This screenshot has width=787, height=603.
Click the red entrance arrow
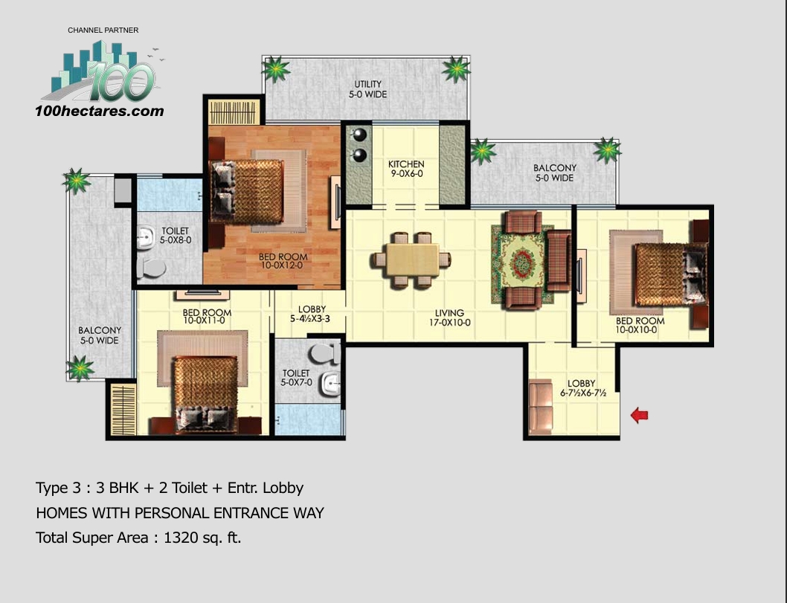click(x=639, y=415)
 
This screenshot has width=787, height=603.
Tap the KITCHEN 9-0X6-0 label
click(x=406, y=169)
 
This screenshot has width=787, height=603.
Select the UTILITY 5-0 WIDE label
click(x=370, y=90)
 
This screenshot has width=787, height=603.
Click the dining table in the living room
click(x=411, y=259)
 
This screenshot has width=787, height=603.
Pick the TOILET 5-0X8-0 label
click(x=176, y=236)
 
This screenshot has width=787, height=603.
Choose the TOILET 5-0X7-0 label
click(x=296, y=378)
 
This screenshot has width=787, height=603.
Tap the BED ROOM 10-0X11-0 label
click(x=207, y=317)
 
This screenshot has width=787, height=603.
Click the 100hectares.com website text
click(x=99, y=112)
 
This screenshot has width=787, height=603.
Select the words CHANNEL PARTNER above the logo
click(x=103, y=30)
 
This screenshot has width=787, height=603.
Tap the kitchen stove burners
click(x=360, y=145)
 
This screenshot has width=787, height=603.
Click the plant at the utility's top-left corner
click(x=276, y=70)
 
